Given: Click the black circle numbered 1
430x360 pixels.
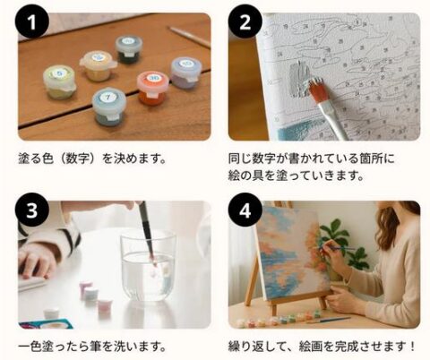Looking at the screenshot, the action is pyautogui.click(x=32, y=22).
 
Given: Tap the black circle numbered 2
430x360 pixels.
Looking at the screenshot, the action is pyautogui.click(x=245, y=22).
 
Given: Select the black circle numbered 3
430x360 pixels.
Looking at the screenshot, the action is pyautogui.click(x=32, y=210).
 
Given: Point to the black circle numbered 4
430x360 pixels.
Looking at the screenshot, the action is pyautogui.click(x=245, y=210).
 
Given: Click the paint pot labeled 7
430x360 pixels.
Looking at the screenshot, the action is pyautogui.click(x=109, y=107).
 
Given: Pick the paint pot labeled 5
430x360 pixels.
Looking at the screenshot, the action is pyautogui.click(x=60, y=81).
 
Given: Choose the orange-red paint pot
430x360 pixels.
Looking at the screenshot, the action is pyautogui.click(x=152, y=88).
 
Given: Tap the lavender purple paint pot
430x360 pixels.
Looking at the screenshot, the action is pyautogui.click(x=185, y=73).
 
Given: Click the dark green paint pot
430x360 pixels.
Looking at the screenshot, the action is pyautogui.click(x=129, y=49).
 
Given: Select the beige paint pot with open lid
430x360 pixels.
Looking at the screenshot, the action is pyautogui.click(x=98, y=65).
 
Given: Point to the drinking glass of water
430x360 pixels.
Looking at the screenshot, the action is pyautogui.click(x=148, y=267).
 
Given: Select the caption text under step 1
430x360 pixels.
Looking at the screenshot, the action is pyautogui.click(x=92, y=159).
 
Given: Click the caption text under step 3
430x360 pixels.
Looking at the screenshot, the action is pyautogui.click(x=92, y=347).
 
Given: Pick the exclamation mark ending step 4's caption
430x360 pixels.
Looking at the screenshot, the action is pyautogui.click(x=412, y=347).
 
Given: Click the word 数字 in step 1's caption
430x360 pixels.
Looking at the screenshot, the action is pyautogui.click(x=78, y=159).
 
